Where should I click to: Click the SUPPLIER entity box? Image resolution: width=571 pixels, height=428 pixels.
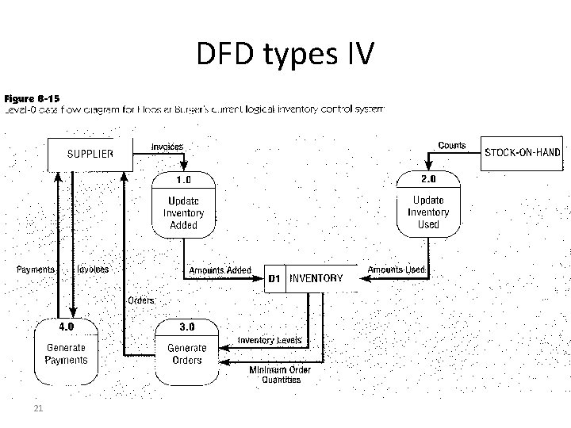pos(88,154)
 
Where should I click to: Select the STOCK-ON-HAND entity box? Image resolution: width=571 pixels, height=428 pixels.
pos(523,152)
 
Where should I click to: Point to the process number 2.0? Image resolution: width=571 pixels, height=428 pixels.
pos(429,180)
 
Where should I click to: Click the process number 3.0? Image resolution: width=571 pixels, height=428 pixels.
pos(186,326)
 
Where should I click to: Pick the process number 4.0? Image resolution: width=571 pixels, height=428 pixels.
pos(67,326)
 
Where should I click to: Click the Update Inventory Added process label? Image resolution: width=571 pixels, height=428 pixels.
pos(184,212)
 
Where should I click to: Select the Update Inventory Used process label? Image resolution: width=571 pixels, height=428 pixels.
pos(428,212)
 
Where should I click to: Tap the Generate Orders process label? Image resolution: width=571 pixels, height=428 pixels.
pos(186,354)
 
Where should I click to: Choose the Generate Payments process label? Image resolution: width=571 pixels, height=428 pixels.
pos(67,353)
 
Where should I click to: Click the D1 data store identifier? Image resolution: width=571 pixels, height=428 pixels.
pos(274,279)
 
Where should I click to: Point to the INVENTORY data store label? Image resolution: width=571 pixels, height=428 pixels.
pos(316,278)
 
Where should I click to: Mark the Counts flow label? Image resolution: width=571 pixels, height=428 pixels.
pos(452,146)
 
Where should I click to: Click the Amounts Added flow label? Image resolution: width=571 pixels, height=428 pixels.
pos(220,270)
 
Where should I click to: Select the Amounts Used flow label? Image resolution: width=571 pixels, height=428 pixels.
pos(397,270)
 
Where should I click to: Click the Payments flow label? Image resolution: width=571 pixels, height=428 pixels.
pos(36,269)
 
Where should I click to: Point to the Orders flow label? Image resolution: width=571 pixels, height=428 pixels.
pos(141,300)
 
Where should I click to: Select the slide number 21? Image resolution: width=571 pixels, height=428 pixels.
pos(37,408)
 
